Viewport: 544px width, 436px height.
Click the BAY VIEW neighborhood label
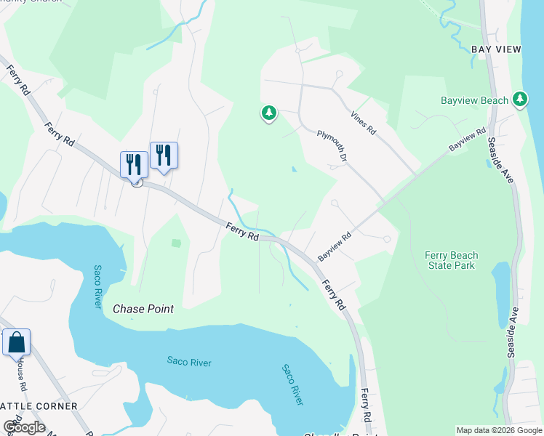tap(497, 49)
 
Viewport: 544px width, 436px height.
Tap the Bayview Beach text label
tap(474, 100)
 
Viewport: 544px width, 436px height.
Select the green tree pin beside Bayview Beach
tap(520, 99)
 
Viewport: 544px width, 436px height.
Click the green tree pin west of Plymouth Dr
tap(269, 113)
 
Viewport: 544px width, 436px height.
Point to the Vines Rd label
tap(362, 122)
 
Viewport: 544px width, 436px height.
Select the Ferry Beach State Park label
tap(452, 260)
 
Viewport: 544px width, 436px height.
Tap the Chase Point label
tap(143, 309)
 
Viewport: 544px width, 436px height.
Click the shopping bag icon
tap(16, 342)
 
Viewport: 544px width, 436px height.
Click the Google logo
tap(24, 427)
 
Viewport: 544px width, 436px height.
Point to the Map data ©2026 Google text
tap(499, 430)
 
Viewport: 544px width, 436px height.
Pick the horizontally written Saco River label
tap(189, 361)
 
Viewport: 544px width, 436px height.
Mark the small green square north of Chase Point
tap(176, 243)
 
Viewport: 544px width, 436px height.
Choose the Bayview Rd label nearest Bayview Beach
tap(467, 140)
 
